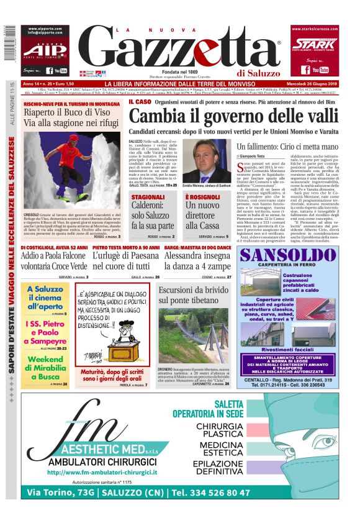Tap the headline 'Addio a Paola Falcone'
pyautogui.click(x=53, y=255)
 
